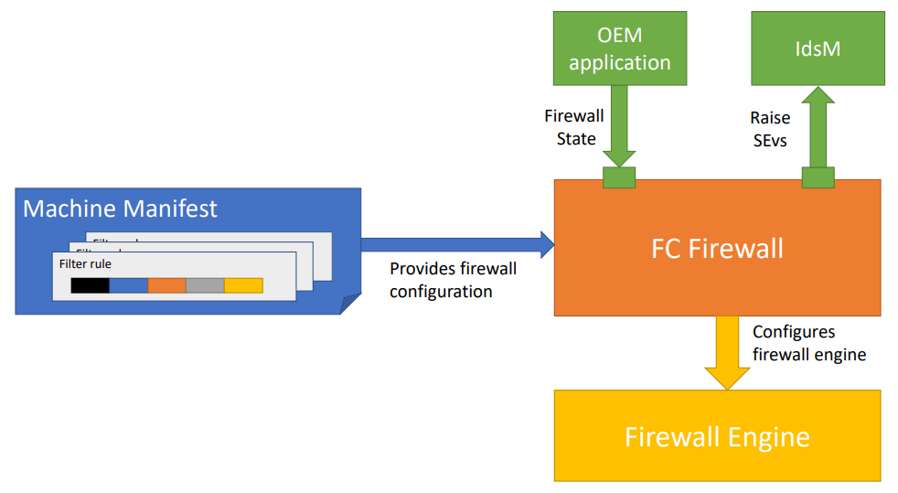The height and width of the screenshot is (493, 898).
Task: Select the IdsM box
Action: click(818, 48)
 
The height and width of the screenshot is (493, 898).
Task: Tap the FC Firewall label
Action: click(717, 248)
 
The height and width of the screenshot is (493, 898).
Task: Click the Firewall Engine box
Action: click(717, 435)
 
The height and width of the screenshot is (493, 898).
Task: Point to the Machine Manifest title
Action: click(120, 209)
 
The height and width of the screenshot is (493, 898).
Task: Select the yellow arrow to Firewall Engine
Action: click(728, 351)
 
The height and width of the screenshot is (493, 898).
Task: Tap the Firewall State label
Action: click(576, 127)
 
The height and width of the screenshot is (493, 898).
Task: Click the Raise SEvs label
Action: click(770, 127)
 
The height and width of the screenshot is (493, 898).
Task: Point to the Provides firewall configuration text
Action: click(453, 280)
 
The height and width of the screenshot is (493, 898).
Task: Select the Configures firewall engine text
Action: click(808, 343)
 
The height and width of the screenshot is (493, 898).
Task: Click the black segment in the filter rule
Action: click(90, 285)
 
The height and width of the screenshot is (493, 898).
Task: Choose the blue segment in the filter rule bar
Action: click(128, 285)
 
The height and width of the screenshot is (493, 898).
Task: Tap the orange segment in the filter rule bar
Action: click(166, 285)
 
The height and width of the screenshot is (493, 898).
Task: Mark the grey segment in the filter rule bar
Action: click(205, 285)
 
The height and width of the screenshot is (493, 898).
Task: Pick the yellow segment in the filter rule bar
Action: click(243, 285)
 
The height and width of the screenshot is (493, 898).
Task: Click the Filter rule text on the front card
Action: click(85, 263)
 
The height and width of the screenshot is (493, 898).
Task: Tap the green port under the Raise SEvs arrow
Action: click(818, 177)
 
